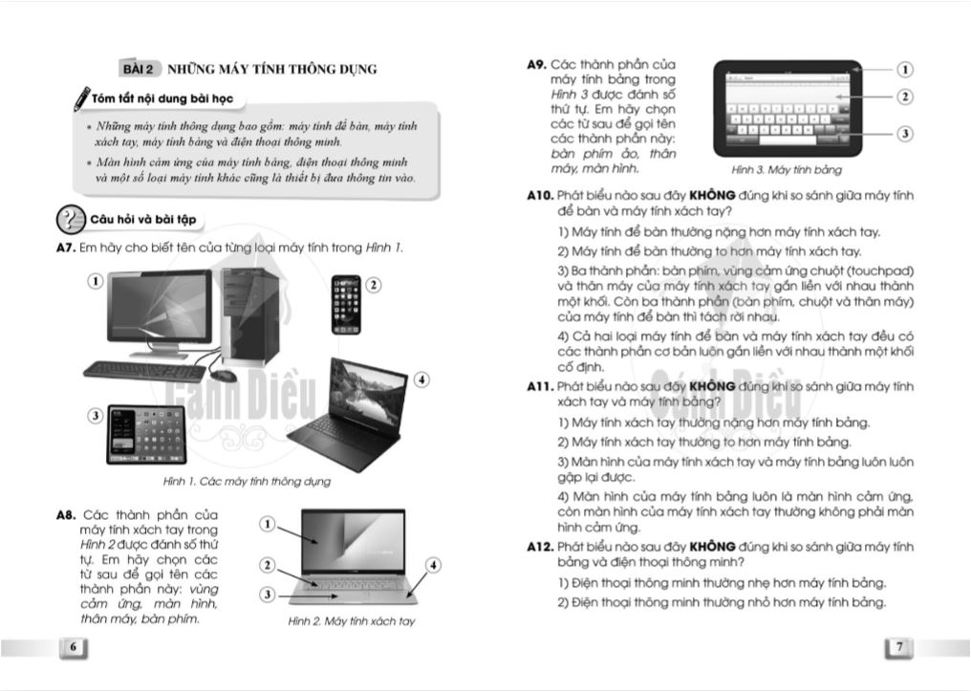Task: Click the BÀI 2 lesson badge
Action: coord(138,69)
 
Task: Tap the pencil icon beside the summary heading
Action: coord(82,99)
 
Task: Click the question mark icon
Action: coord(71,219)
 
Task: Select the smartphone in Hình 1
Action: coord(346,305)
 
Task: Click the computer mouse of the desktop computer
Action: coord(223,376)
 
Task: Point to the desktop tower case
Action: coord(250,316)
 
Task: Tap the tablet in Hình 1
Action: coord(147,434)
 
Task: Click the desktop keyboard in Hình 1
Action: coord(145,371)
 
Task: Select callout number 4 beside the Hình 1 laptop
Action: coord(421,379)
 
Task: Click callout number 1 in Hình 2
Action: coord(267,524)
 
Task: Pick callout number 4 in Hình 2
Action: coord(433,565)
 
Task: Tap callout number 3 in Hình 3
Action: coord(905,133)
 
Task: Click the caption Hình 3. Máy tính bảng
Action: coord(787,170)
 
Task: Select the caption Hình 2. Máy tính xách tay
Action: coord(351,620)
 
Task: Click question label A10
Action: coord(540,196)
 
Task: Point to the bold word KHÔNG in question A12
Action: coord(712,547)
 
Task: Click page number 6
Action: coord(73,647)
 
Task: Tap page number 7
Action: coord(899,647)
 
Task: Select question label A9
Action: coord(536,64)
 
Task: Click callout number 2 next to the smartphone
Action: coord(374,285)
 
